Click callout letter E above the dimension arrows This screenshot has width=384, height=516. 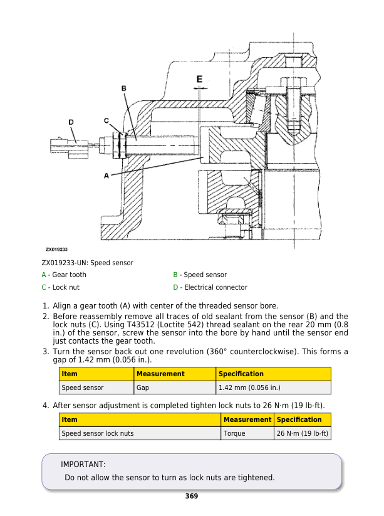[199, 79]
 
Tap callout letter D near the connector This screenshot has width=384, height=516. [71, 122]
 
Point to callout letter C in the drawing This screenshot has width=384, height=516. [106, 120]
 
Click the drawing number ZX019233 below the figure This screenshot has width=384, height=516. [56, 250]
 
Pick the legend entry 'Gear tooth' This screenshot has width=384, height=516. [69, 275]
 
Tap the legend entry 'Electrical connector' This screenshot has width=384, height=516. [215, 287]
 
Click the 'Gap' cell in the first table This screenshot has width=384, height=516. [144, 387]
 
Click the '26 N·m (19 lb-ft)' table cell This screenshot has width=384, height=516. [303, 433]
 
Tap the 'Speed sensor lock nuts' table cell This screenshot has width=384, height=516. [97, 433]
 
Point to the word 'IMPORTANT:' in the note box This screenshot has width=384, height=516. [83, 465]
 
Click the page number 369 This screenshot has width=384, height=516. [192, 497]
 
